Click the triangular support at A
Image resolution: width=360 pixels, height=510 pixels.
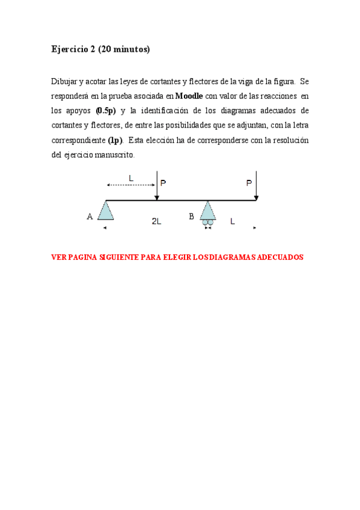pos(106,211)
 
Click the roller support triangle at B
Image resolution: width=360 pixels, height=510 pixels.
pos(208,210)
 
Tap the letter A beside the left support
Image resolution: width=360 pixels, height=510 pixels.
pos(90,217)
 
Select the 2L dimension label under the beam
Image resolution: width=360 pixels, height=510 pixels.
pos(156,221)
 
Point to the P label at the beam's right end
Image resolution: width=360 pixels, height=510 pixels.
pos(249,183)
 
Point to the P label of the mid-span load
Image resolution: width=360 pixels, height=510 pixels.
pos(163,183)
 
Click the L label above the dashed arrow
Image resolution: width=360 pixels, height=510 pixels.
pos(131,177)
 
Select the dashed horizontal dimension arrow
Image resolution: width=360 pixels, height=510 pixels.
pos(131,185)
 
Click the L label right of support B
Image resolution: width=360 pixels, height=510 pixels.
pos(232,221)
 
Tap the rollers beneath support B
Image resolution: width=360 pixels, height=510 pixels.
pos(208,223)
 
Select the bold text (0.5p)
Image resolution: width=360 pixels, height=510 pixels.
pos(105,110)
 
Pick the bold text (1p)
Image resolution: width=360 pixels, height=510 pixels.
pos(115,140)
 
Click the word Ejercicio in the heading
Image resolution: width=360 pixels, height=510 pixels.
pos(70,49)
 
